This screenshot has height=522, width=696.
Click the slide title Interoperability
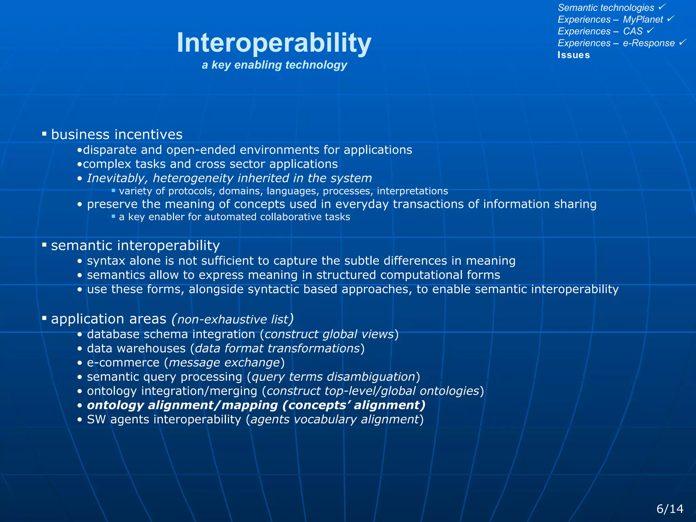click(274, 43)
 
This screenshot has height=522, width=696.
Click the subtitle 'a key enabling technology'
click(274, 65)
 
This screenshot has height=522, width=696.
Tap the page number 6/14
click(669, 509)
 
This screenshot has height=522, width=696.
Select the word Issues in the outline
click(574, 55)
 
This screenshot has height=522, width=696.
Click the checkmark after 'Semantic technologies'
click(662, 7)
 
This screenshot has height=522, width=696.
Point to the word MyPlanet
click(643, 19)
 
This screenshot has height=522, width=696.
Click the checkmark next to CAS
click(650, 31)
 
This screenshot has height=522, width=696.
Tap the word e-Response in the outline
click(648, 43)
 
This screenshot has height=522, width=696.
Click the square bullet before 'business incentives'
click(44, 134)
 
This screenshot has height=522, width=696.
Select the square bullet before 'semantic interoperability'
click(44, 245)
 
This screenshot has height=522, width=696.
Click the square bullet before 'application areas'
click(44, 318)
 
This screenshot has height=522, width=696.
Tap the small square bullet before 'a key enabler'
click(114, 216)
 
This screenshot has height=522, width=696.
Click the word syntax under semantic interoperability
click(106, 261)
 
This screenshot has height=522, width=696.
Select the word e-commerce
click(123, 363)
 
